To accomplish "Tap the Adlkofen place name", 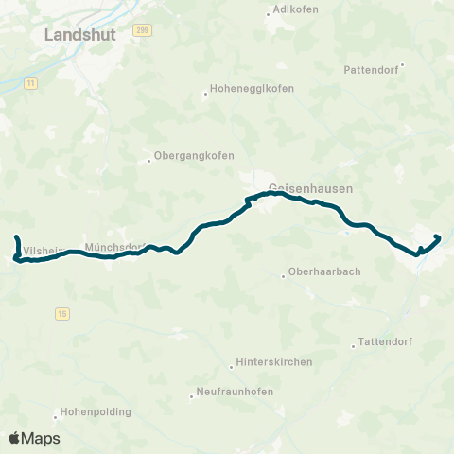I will (x=294, y=9).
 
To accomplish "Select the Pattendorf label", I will (x=372, y=70).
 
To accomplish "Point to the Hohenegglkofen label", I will (x=253, y=89).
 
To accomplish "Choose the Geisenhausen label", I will (x=310, y=188).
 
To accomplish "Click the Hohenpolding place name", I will (x=96, y=412).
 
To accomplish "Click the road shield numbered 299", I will (x=142, y=30).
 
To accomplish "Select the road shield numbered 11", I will (x=31, y=83).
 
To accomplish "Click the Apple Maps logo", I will (x=33, y=438).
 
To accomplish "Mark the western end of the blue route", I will (x=17, y=235).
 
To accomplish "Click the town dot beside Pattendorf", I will (x=403, y=65).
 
